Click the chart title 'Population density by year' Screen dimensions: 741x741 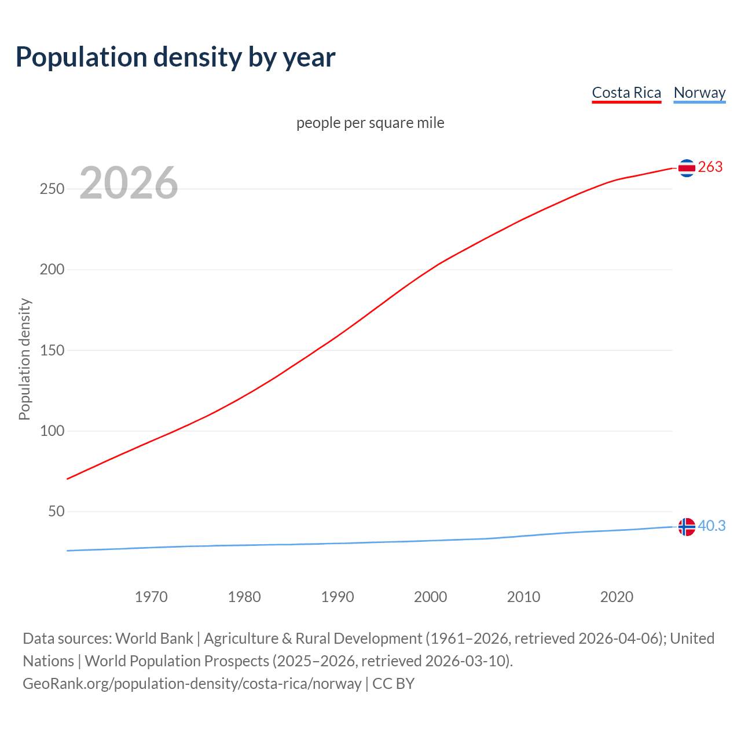coord(175,57)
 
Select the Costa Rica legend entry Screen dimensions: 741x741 coord(626,93)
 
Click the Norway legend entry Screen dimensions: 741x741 coord(699,93)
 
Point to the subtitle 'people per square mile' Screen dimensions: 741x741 coord(370,123)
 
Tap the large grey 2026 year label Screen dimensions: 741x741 coord(129,183)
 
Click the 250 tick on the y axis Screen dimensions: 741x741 coord(52,189)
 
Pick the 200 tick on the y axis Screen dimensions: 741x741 coord(52,270)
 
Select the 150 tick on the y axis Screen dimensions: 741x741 coord(52,350)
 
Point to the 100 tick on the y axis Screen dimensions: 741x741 coord(52,431)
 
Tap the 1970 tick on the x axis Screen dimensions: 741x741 coord(151,597)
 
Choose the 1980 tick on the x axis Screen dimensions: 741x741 coord(244,597)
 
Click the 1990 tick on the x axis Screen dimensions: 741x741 coord(338,597)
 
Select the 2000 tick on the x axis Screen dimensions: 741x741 coord(431,597)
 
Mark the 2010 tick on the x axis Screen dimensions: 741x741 coord(524,597)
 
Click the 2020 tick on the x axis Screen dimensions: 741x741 coord(617,597)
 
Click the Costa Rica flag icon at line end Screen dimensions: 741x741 coord(687,168)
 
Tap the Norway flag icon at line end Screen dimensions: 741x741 coord(687,527)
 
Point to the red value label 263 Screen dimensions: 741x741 coord(710,167)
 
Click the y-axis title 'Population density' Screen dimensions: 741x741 coord(24,359)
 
